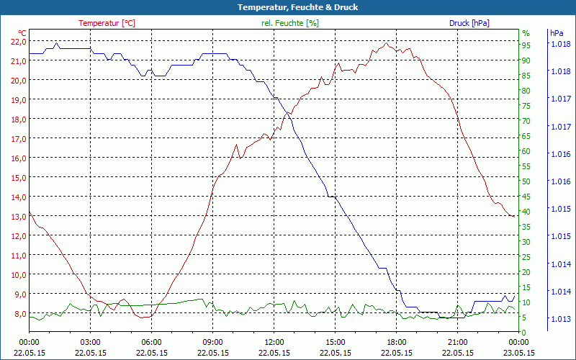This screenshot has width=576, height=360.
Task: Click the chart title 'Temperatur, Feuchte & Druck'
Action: pos(288,7)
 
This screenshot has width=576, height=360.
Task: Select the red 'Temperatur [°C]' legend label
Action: pos(107,23)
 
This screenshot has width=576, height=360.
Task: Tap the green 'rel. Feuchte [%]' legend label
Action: pos(290,23)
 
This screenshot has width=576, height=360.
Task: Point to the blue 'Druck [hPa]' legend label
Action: pos(469,23)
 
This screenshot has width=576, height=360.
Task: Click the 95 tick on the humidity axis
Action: pos(526,45)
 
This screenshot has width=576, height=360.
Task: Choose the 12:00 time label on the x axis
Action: pos(275,342)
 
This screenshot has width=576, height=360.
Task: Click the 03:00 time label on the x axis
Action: pos(90,342)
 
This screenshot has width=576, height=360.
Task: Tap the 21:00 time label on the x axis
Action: pos(458,342)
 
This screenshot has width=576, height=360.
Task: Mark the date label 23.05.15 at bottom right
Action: pos(520,353)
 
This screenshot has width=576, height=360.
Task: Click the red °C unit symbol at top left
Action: pos(22,33)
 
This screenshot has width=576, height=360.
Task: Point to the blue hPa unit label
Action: pos(557,33)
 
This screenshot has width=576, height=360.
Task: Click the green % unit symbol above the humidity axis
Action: pos(526,33)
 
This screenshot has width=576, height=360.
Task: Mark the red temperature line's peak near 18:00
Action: pos(387,44)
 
